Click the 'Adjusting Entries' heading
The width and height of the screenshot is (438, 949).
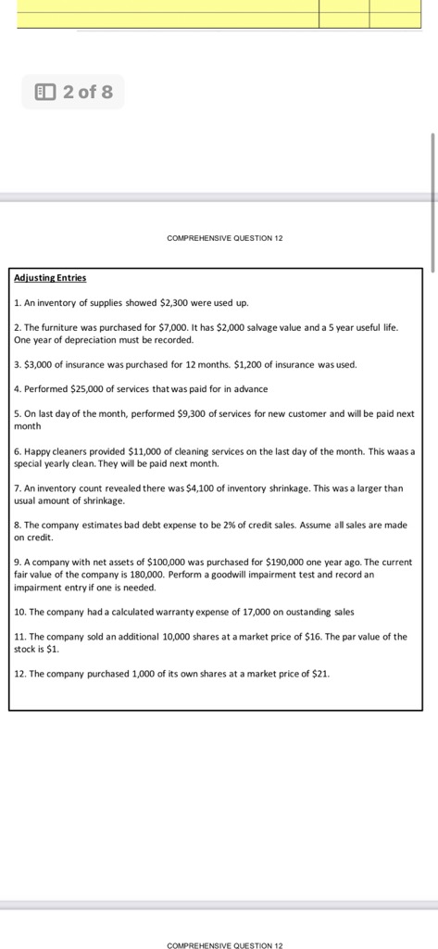(50, 278)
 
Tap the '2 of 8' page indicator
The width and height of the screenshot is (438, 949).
(87, 92)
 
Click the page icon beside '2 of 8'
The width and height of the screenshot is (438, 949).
(44, 92)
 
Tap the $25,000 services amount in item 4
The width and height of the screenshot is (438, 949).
(82, 389)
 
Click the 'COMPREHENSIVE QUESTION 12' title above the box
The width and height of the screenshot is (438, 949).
(224, 238)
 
